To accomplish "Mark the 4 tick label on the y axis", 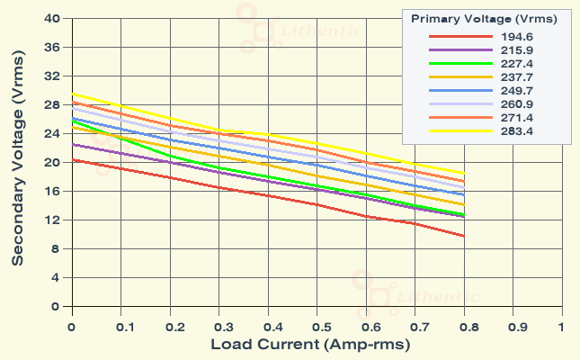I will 56,277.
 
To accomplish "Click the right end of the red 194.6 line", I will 463,236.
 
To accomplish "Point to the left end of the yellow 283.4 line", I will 72,94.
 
